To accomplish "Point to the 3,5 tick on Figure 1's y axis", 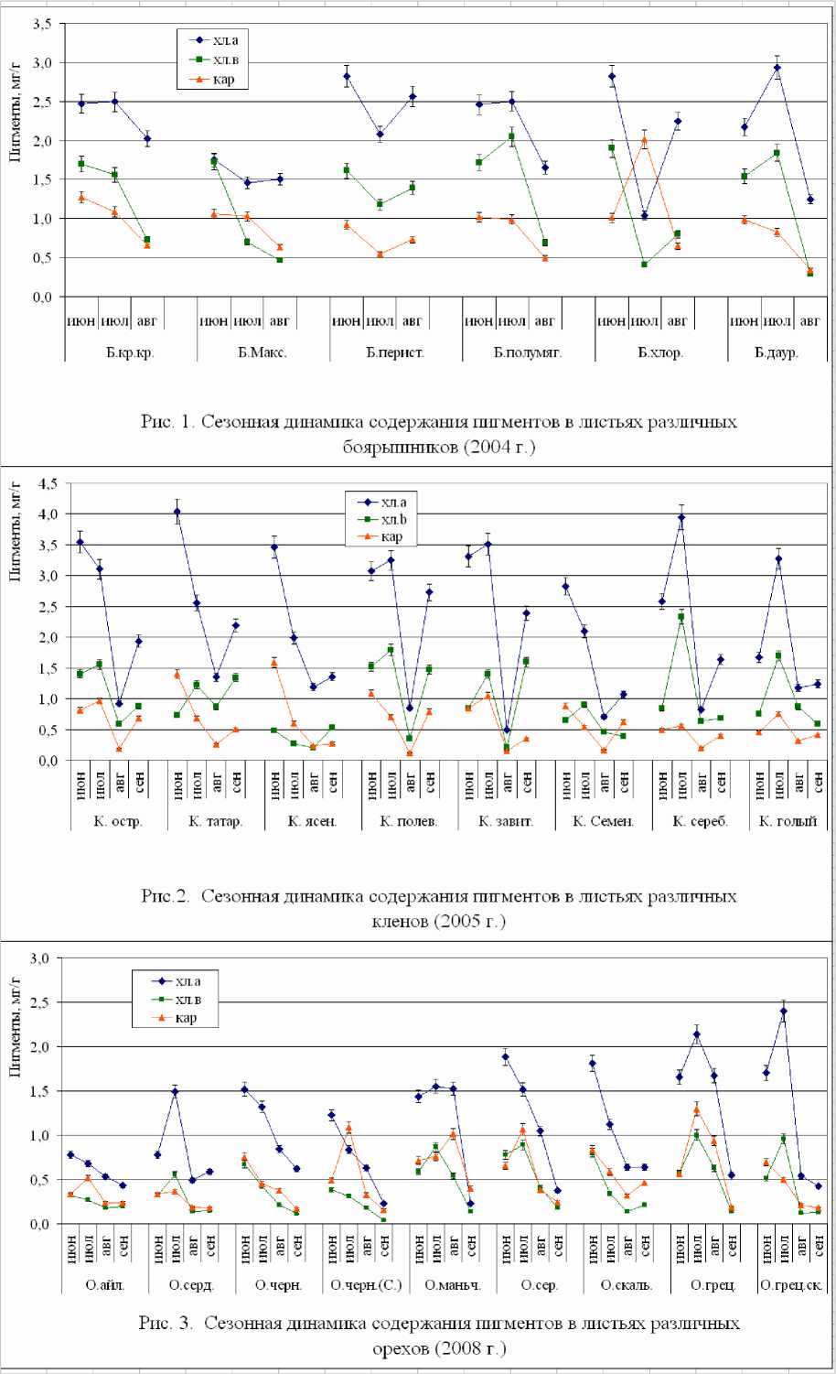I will tap(41, 25).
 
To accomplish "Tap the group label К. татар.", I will tap(216, 821).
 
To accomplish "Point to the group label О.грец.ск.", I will tap(792, 1285).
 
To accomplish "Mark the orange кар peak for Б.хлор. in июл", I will tap(645, 141).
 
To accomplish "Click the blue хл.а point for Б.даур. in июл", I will tap(777, 68).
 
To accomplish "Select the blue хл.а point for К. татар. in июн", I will tap(177, 513).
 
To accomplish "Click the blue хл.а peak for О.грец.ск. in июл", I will tap(784, 1012).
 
